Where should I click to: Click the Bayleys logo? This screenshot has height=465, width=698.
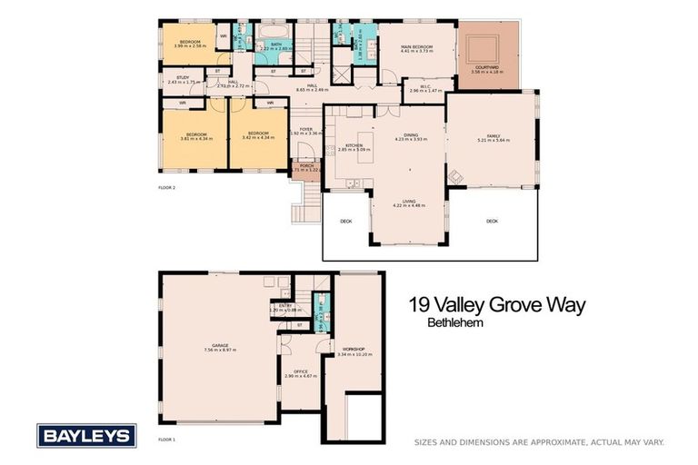point(86,435)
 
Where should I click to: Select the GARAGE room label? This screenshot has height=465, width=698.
point(220,344)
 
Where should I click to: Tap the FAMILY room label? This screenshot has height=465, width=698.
point(494,135)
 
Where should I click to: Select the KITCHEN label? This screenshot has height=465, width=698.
point(354,144)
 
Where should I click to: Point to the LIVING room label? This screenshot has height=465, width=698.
point(409,201)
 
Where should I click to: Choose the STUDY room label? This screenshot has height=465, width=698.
point(183,78)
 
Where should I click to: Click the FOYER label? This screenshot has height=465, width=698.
point(306,129)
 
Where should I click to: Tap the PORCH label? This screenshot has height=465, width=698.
point(306,165)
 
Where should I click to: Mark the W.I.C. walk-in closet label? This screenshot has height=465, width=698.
point(419,86)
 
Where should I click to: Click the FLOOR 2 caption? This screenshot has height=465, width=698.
point(167,187)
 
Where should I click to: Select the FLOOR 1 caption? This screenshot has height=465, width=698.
point(167,439)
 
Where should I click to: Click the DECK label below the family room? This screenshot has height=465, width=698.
point(492,221)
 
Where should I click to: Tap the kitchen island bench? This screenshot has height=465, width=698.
point(365,148)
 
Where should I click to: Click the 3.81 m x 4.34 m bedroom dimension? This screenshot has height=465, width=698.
point(195,139)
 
